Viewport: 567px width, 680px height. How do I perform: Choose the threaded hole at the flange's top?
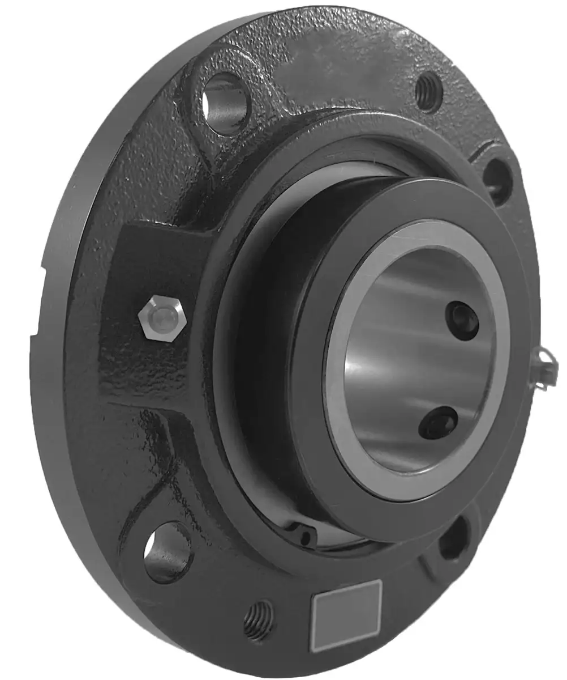pyautogui.click(x=429, y=91)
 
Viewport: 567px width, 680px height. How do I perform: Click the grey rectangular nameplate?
pyautogui.click(x=346, y=614)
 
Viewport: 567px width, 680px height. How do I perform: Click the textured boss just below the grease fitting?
pyautogui.click(x=141, y=368)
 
